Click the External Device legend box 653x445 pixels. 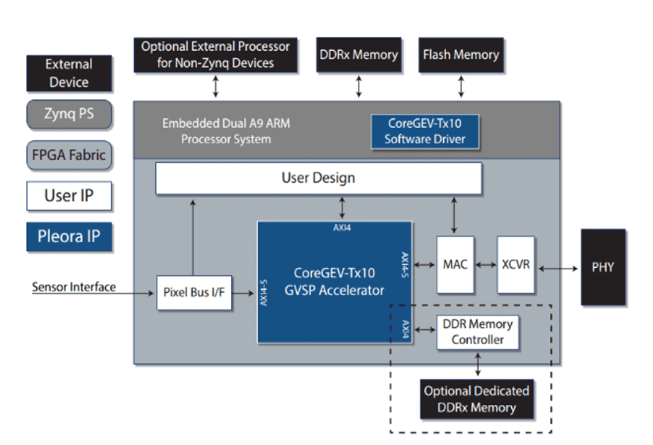(x=69, y=74)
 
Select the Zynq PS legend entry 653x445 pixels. (x=69, y=114)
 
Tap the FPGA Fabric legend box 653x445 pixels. (x=69, y=155)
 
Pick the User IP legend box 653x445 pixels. (x=69, y=196)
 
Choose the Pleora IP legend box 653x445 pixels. (x=69, y=237)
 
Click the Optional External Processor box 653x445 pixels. (x=216, y=55)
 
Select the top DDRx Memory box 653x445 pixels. (x=358, y=55)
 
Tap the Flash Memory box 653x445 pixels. (x=461, y=55)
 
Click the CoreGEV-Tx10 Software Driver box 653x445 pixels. (x=425, y=132)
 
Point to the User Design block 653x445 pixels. (x=318, y=178)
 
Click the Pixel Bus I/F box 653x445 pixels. (x=194, y=293)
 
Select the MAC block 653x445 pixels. (x=455, y=265)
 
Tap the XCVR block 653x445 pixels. (x=516, y=265)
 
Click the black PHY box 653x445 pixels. (x=603, y=267)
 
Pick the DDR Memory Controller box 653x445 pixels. (x=477, y=332)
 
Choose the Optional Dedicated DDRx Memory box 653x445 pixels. (x=477, y=400)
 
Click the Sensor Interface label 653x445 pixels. (x=74, y=288)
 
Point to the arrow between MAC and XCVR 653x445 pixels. (x=485, y=265)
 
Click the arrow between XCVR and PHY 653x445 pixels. (x=558, y=269)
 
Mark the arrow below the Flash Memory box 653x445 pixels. (x=461, y=87)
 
